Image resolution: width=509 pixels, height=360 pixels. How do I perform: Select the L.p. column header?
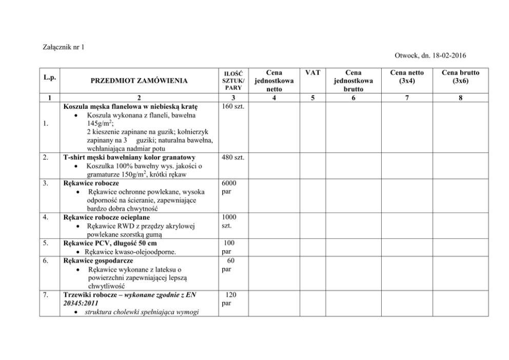50,77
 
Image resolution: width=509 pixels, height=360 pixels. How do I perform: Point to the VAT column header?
312,73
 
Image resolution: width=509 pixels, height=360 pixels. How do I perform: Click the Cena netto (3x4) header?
407,77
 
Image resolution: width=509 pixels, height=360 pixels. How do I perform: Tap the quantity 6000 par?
228,187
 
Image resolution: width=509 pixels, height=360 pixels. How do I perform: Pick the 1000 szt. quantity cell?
229,221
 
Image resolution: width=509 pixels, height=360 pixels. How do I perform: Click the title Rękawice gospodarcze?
97,261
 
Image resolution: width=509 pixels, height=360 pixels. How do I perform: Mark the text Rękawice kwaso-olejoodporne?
132,252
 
